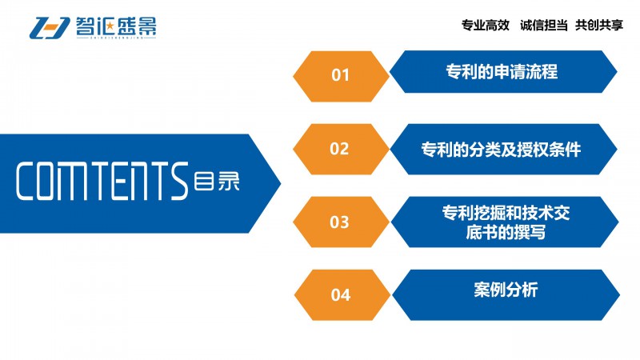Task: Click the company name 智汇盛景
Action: coord(116,26)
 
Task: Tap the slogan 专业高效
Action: coord(486,26)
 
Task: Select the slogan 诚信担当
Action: coord(544,26)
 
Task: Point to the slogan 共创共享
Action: coord(599,26)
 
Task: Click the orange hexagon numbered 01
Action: coord(341,76)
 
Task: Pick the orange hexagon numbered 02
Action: coord(341,150)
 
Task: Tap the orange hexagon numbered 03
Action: coord(341,222)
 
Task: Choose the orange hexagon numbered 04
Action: coord(342,294)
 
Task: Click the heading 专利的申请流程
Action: coord(502,71)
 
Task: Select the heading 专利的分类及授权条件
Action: coord(501,150)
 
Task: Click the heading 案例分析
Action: coord(506,290)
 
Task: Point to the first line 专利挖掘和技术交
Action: coord(506,213)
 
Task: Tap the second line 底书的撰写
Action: coord(506,233)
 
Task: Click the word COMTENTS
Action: coord(102,182)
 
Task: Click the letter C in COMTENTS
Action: coord(26,182)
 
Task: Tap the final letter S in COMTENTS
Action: coord(179,182)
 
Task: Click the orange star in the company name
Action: coord(110,26)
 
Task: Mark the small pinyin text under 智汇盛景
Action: coord(116,38)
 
